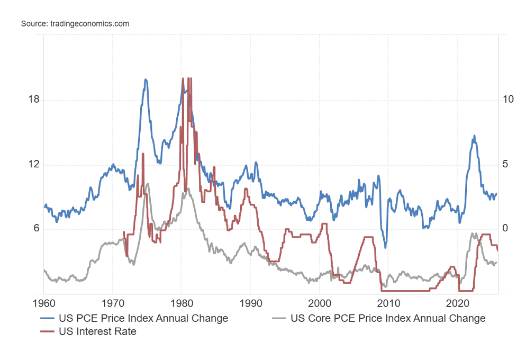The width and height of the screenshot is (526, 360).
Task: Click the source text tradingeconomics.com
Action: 75,24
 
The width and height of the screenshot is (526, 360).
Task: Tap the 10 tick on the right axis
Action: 509,100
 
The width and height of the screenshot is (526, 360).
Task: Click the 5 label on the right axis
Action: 506,165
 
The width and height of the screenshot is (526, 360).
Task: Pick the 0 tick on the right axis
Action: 506,229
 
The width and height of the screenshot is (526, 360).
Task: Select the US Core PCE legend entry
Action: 388,318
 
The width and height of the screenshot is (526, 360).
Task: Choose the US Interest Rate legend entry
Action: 97,331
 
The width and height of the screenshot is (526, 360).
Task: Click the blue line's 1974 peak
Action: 146,79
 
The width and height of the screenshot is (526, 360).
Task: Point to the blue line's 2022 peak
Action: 474,136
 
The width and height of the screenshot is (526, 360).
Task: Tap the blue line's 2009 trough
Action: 385,247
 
